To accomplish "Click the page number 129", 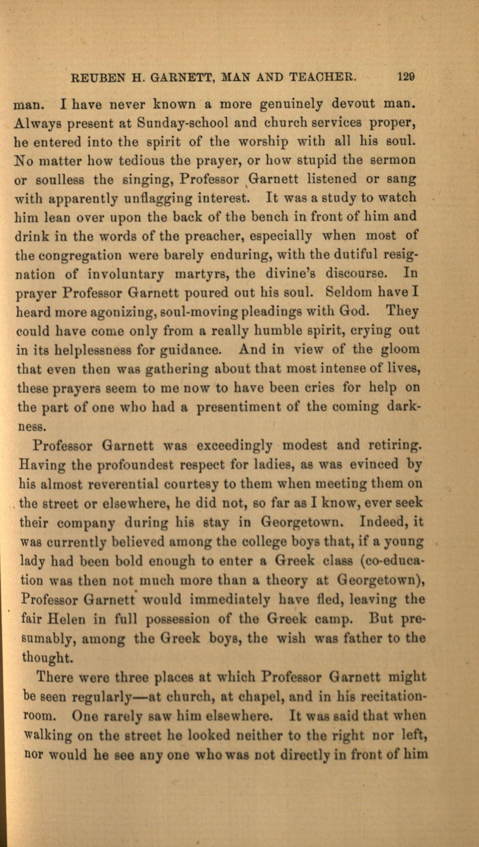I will coord(406,77).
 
